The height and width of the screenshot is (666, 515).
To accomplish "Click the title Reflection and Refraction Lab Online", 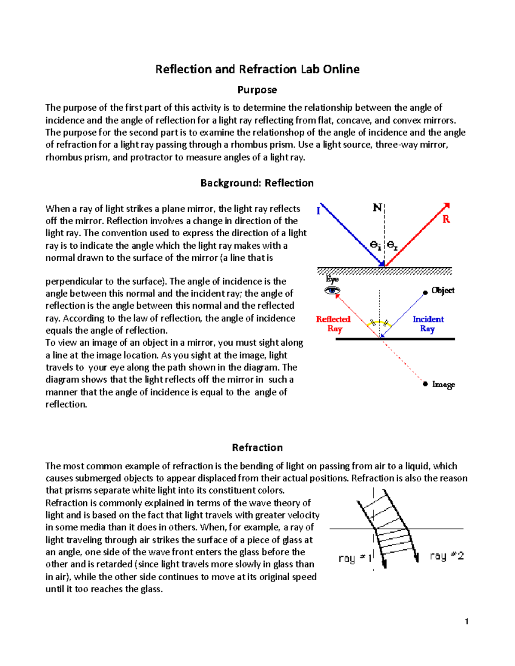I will [x=257, y=69].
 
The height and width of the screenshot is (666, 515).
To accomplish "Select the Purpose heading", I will [x=257, y=90].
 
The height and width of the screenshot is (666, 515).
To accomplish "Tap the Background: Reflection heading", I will [x=257, y=183].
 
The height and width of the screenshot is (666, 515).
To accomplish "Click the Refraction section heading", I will [x=257, y=448].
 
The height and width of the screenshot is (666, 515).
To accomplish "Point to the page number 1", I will [x=467, y=622].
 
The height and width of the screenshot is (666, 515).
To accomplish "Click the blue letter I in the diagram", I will [x=318, y=211].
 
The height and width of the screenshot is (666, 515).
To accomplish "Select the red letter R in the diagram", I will [x=446, y=219].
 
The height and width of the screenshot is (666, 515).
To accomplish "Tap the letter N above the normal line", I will [x=377, y=208].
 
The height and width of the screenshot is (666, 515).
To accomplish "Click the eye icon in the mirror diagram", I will [x=332, y=291].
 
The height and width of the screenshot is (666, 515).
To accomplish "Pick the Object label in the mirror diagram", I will [x=442, y=290].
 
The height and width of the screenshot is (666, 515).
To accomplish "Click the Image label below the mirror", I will [x=443, y=384].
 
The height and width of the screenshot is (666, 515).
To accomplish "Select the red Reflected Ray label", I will [x=333, y=324].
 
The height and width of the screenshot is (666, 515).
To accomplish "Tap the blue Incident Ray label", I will [x=428, y=324].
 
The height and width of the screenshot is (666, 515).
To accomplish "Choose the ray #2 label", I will [x=446, y=556].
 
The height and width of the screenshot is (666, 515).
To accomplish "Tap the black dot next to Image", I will [x=425, y=384].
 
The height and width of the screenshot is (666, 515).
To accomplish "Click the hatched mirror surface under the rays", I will [x=385, y=271].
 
